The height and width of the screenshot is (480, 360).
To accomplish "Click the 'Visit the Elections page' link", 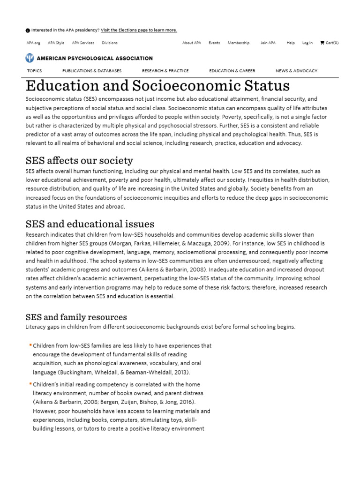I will click(139, 30).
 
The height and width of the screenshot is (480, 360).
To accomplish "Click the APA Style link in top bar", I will click(56, 43).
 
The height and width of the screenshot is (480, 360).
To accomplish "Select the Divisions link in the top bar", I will click(110, 43).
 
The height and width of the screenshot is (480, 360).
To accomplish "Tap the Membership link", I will click(239, 43).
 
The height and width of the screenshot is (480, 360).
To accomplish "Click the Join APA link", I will click(268, 43).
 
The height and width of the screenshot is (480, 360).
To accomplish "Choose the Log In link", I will click(307, 43).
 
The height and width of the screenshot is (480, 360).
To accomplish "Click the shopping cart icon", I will click(322, 43).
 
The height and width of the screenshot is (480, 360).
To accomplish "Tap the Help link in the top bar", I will click(291, 43).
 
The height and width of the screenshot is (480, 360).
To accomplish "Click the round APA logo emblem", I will click(30, 58).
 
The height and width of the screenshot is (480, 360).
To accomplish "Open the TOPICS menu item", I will click(34, 71).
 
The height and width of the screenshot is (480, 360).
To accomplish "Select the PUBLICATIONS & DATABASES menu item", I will click(92, 71).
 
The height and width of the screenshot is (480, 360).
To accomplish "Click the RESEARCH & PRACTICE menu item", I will click(165, 71).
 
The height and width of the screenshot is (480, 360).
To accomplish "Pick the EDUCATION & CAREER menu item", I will click(232, 71).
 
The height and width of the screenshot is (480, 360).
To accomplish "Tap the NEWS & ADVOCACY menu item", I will click(296, 71).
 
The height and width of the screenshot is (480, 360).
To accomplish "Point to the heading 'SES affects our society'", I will click(79, 161).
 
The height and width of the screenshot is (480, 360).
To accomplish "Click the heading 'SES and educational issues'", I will click(90, 224).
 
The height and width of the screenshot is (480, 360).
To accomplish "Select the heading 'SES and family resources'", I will click(76, 317).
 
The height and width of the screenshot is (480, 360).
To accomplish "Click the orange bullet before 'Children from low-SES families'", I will click(30, 345).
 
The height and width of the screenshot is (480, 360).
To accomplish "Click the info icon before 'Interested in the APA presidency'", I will click(28, 30).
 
